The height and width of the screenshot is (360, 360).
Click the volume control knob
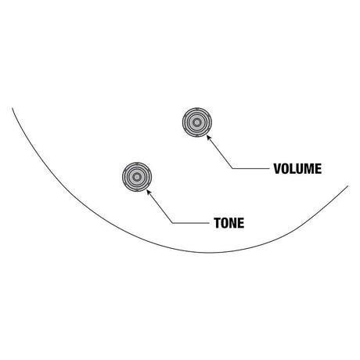point(197,122)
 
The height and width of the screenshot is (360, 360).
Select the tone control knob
point(137,177)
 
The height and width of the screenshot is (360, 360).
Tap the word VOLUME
point(297,169)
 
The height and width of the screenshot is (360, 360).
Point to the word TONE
point(229,223)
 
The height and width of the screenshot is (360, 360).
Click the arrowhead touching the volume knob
point(208,137)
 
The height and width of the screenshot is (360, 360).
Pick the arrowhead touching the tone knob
point(149,192)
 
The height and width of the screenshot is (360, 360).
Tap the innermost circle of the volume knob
point(197,122)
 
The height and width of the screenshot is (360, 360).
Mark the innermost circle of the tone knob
point(137,177)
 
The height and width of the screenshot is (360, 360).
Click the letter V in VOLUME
point(277,169)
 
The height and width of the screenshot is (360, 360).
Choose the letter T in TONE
point(218,223)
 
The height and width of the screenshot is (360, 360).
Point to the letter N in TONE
point(233,223)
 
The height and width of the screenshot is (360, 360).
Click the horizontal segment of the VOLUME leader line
point(250,168)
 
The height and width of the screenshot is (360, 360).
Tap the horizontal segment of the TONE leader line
point(191,223)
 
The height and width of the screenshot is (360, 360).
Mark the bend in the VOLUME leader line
point(232,168)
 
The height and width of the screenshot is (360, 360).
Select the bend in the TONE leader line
point(173,223)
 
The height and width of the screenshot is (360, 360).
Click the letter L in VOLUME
point(293,169)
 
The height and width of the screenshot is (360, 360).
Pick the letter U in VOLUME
point(300,169)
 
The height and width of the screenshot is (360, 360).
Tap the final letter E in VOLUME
point(319,169)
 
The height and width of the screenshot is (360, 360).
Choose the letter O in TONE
point(225,223)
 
